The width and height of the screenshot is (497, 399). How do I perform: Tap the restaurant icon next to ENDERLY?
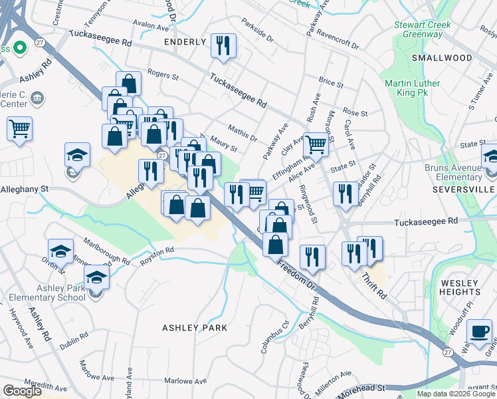pyautogui.click(x=223, y=46)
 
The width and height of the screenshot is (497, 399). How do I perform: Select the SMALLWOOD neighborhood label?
pyautogui.click(x=442, y=58)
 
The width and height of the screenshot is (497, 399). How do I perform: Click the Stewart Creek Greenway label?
pyautogui.click(x=423, y=30)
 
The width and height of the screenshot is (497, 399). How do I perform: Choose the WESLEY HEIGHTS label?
pyautogui.click(x=460, y=287)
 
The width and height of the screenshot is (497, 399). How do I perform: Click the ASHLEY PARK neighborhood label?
pyautogui.click(x=195, y=328)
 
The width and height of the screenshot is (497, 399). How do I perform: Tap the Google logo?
pyautogui.click(x=23, y=391)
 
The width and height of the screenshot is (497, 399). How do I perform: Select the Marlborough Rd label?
pyautogui.click(x=107, y=250)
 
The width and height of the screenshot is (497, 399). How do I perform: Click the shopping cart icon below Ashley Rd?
pyautogui.click(x=20, y=128)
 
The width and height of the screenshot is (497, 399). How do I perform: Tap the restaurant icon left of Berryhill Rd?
pyautogui.click(x=345, y=194)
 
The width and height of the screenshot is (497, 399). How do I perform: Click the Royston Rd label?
pyautogui.click(x=157, y=257)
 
